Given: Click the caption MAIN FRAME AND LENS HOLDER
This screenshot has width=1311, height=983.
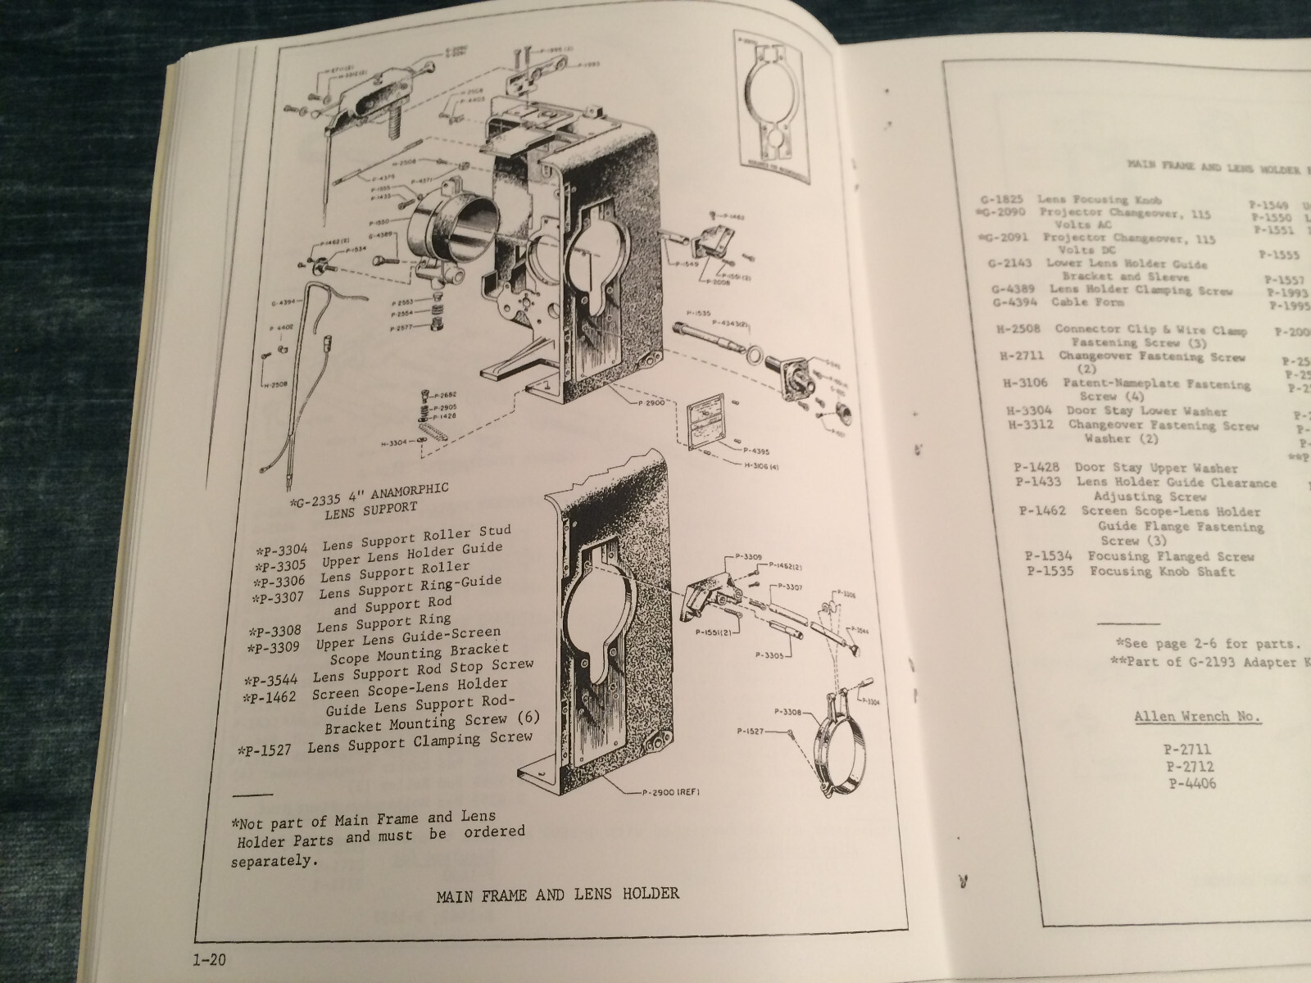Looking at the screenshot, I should [558, 893].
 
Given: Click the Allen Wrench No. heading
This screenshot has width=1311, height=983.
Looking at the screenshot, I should [1197, 718].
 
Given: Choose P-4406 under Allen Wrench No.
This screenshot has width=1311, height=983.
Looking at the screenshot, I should [1193, 784].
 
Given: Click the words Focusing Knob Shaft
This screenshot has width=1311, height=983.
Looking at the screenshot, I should [1161, 572].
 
